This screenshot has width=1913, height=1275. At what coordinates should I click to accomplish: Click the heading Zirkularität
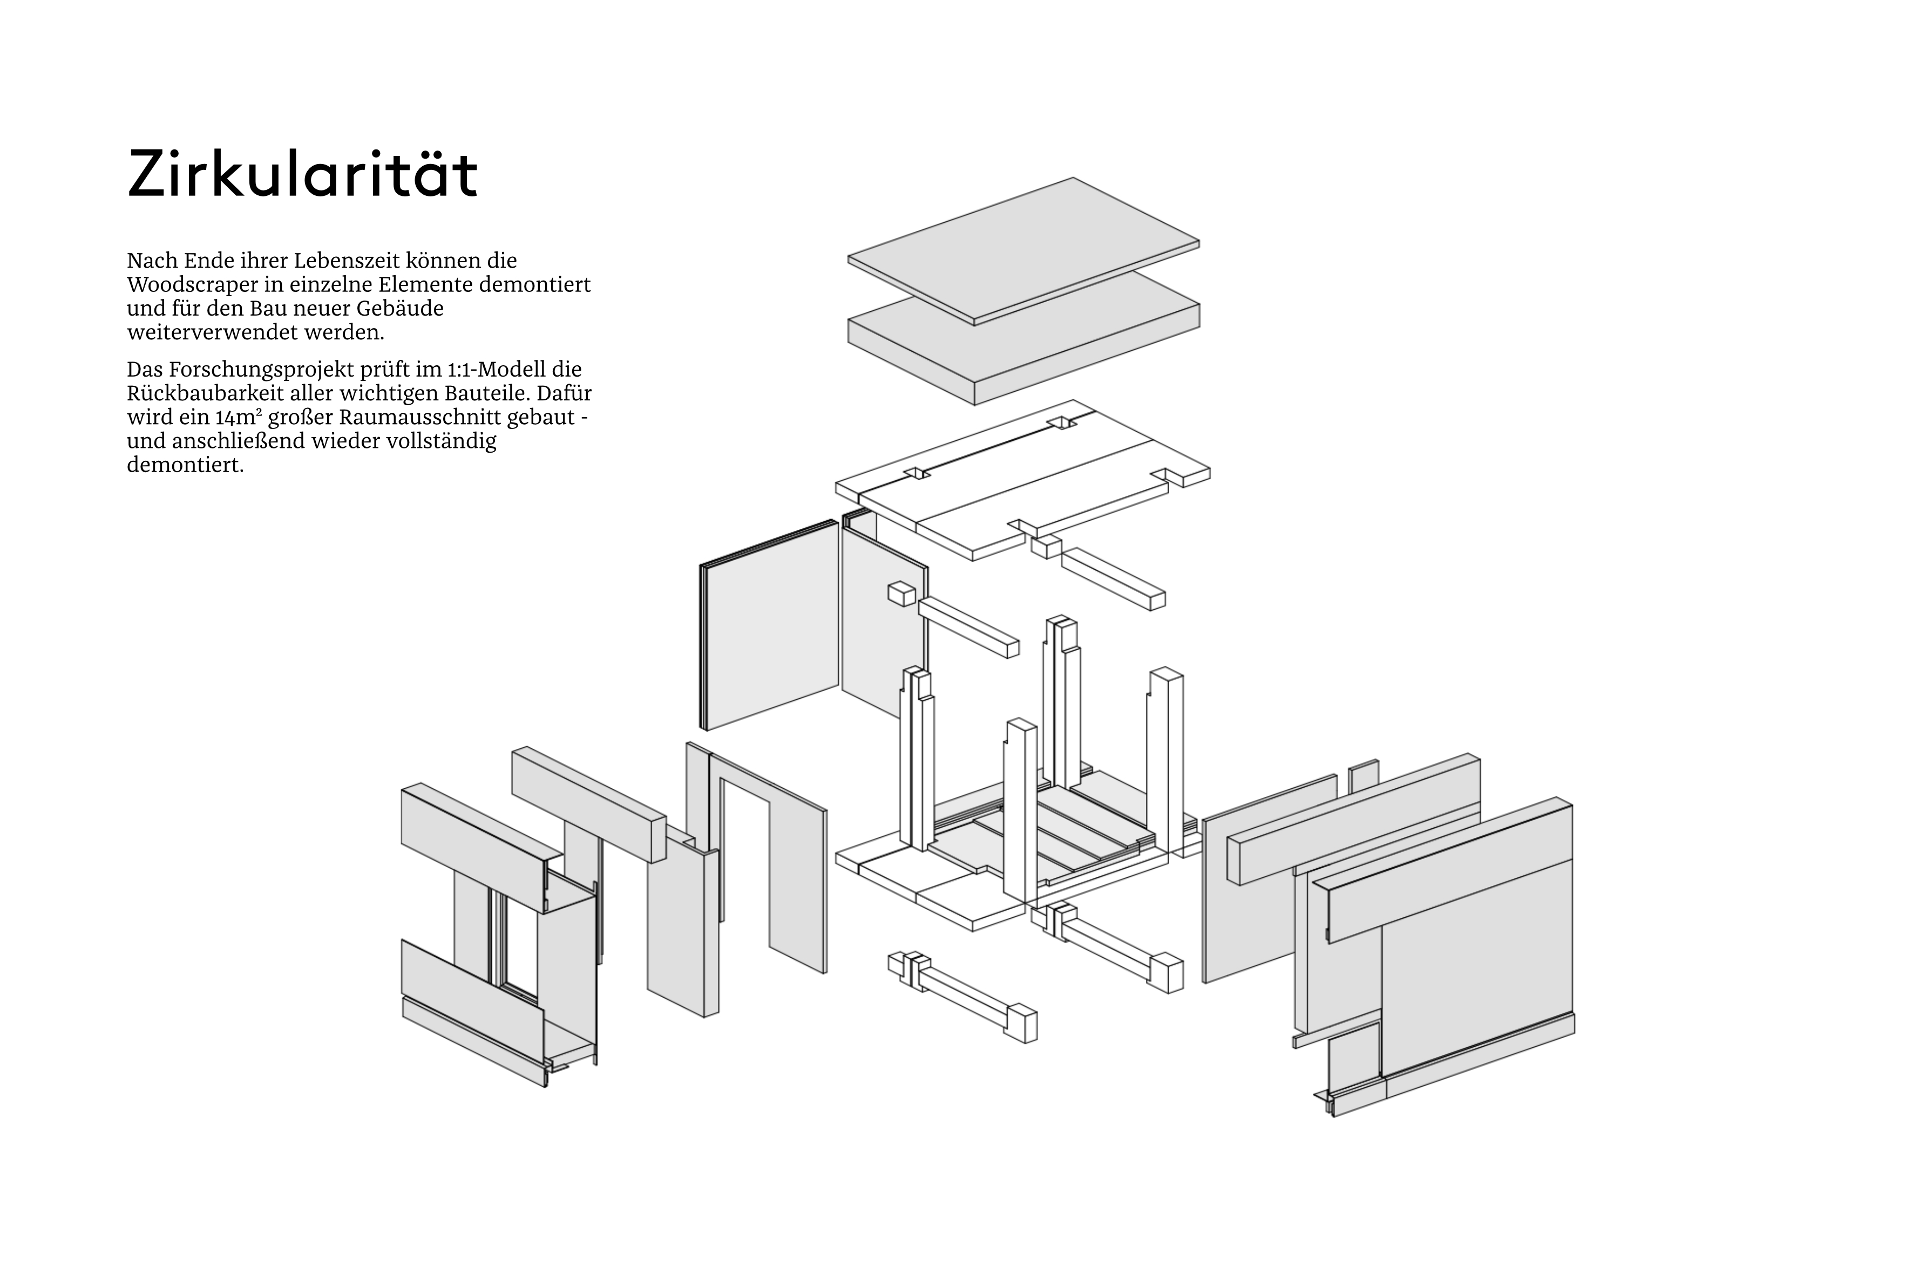click(x=303, y=174)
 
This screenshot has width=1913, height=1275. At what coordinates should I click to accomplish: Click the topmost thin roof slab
click(x=1024, y=251)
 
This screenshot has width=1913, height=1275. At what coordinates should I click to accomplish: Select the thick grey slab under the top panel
click(x=1024, y=337)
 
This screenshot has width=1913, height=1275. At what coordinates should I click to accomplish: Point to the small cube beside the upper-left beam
click(x=902, y=594)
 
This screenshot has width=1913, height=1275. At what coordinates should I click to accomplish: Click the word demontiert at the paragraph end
click(x=186, y=466)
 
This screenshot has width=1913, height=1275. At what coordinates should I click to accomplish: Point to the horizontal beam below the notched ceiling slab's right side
click(x=1112, y=578)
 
